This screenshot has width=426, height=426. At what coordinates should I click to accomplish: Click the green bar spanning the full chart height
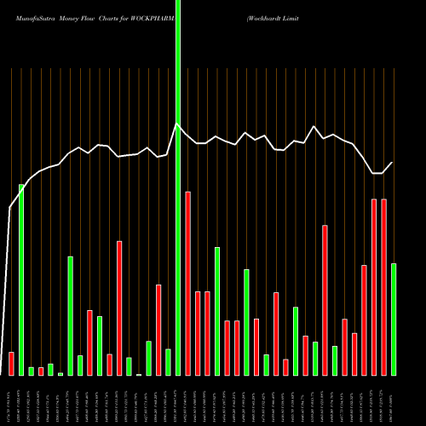tap(178, 187)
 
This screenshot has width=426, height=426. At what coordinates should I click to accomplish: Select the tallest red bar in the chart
tap(187, 284)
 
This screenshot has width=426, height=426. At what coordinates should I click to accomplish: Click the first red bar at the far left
tap(11, 364)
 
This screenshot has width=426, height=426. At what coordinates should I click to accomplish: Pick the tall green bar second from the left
tap(21, 279)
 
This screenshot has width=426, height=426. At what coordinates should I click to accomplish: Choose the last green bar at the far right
tap(394, 319)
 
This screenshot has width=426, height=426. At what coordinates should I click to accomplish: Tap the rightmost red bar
tap(383, 287)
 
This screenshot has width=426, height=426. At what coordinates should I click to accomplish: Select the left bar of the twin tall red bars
tap(374, 287)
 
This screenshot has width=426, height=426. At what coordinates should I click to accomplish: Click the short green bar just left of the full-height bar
tap(168, 362)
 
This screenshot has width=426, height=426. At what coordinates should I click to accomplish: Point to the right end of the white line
tap(393, 163)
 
